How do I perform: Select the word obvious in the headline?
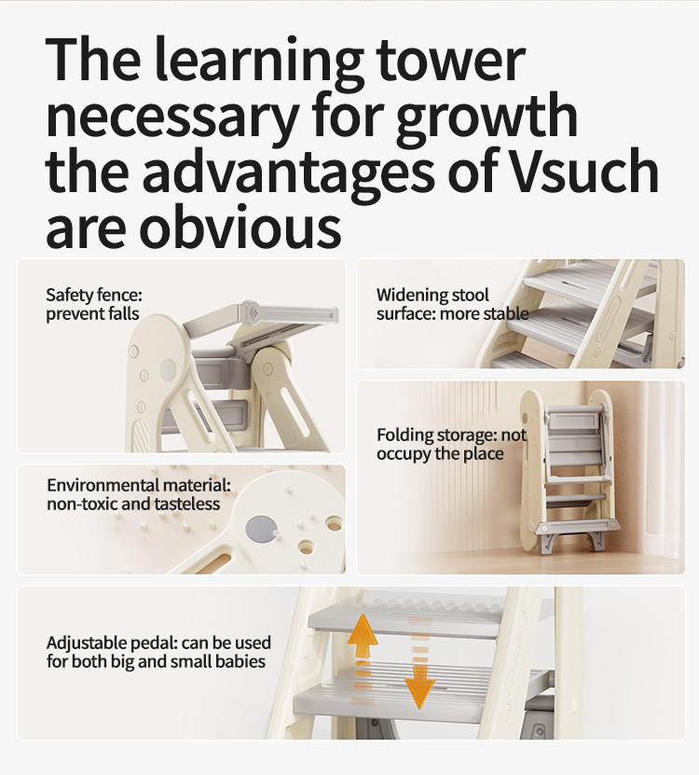click(x=240, y=224)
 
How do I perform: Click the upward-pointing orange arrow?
click(x=363, y=637)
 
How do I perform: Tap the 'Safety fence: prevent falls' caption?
click(x=94, y=304)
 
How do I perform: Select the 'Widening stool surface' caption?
click(x=452, y=304)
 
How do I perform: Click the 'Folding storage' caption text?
click(x=451, y=444)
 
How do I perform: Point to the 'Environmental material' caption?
click(x=139, y=494)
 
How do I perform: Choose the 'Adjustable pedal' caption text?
click(x=158, y=652)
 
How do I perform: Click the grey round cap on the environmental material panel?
click(x=261, y=529)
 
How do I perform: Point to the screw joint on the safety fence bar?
click(x=254, y=312)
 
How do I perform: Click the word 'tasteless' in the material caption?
click(x=187, y=505)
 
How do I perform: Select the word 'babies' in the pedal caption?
click(x=240, y=661)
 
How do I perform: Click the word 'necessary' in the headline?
click(x=172, y=116)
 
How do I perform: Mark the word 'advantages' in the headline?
click(x=290, y=171)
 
